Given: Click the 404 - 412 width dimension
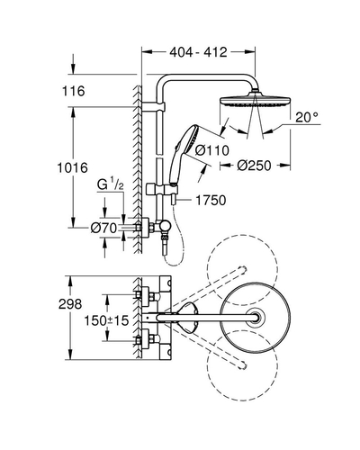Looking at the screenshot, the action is (198, 52).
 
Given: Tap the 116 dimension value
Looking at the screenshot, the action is (74, 91).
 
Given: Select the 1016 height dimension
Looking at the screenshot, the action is (73, 167).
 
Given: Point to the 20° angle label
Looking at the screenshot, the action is (306, 117).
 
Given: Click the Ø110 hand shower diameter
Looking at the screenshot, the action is (211, 150).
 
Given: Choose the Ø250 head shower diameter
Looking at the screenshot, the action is (254, 166).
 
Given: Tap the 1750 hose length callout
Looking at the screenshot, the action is (211, 201).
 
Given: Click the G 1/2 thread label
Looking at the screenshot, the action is (111, 184).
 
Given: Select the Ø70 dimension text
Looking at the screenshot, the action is (103, 229).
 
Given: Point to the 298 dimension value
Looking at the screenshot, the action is (70, 304).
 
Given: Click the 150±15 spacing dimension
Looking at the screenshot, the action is (106, 320).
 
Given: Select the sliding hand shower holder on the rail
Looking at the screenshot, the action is (162, 190).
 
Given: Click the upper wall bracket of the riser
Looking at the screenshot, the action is (153, 107).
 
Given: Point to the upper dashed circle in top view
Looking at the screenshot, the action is (242, 270).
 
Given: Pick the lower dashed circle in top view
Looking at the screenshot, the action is (242, 365).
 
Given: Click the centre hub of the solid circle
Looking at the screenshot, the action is (256, 318).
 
